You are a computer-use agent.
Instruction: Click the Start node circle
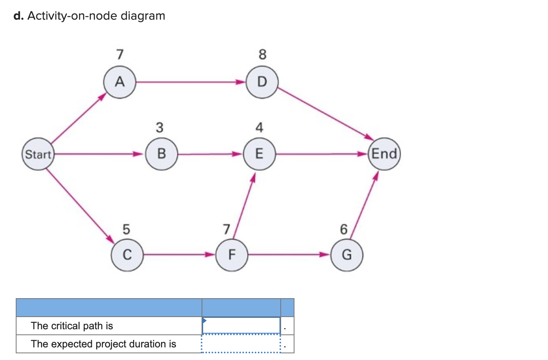[x=38, y=154]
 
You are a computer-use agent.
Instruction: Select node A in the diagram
[x=120, y=82]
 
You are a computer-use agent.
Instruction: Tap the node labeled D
[x=262, y=82]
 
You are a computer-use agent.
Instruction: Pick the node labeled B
[x=161, y=154]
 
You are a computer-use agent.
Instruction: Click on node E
[x=259, y=154]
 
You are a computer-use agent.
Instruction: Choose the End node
[x=384, y=154]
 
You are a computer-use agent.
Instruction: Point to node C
[x=127, y=255]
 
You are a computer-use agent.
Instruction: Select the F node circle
[x=232, y=255]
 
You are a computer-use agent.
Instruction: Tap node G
[x=346, y=255]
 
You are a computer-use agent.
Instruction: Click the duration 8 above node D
[x=263, y=54]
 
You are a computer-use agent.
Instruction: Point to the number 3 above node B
[x=159, y=128]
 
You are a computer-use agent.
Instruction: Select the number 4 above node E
[x=259, y=128]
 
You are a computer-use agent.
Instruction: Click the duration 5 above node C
[x=126, y=229]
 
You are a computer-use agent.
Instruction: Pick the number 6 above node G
[x=344, y=229]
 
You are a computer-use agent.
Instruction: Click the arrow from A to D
[x=189, y=82]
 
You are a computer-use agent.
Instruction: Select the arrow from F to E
[x=244, y=207]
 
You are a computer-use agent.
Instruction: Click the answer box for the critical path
[x=241, y=326]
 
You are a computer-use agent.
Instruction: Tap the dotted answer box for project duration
[x=241, y=344]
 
